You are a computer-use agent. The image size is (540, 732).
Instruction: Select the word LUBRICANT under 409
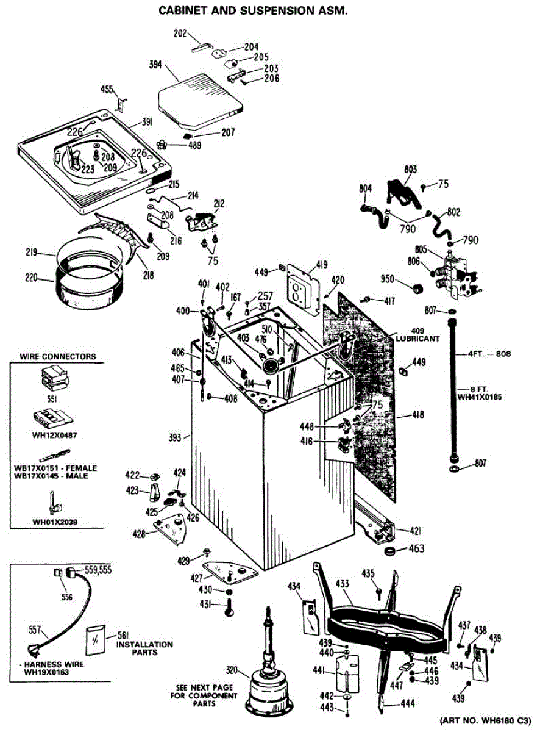417,337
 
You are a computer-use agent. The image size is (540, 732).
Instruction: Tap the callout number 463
416,549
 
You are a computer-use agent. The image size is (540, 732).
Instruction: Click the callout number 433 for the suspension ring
343,584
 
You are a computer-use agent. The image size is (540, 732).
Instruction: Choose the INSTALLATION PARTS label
144,648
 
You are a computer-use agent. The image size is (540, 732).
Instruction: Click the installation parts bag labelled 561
96,641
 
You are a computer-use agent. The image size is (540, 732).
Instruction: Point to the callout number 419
321,265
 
